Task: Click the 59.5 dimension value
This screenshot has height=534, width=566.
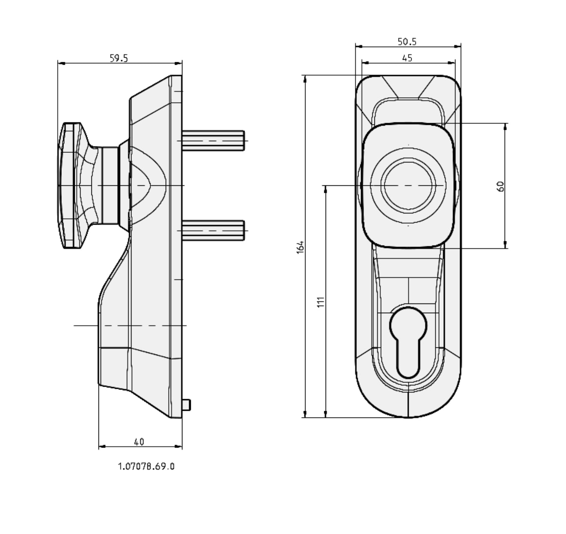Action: pos(119,58)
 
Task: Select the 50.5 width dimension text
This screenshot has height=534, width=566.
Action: pos(407,41)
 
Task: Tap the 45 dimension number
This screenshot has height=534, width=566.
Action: pos(407,58)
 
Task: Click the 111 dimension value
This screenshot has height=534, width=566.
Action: pos(321,302)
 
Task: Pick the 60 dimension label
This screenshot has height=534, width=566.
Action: pos(501,186)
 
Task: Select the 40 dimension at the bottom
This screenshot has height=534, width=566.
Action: pos(139,442)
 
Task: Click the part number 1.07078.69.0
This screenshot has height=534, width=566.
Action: pos(146,466)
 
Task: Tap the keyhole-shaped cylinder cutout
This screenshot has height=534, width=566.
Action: pos(408,342)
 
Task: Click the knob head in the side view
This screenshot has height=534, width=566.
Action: pos(69,185)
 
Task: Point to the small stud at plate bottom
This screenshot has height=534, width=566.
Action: pos(186,405)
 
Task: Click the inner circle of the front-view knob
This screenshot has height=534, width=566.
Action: pos(408,185)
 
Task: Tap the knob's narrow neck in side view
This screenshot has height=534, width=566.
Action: pos(109,185)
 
